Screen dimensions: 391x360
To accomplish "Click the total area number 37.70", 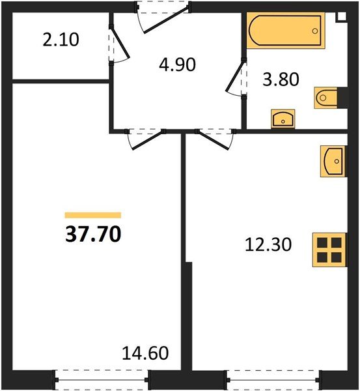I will (x=93, y=233).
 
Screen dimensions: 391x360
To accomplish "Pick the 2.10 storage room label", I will (x=61, y=40).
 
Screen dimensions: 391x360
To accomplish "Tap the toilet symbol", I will (x=325, y=98).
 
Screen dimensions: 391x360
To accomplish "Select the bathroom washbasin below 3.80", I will (x=283, y=119).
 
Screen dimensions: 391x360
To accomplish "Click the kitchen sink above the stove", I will (x=333, y=160).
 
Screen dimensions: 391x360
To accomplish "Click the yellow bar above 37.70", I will (x=93, y=214).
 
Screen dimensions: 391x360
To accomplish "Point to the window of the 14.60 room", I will (x=100, y=377).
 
